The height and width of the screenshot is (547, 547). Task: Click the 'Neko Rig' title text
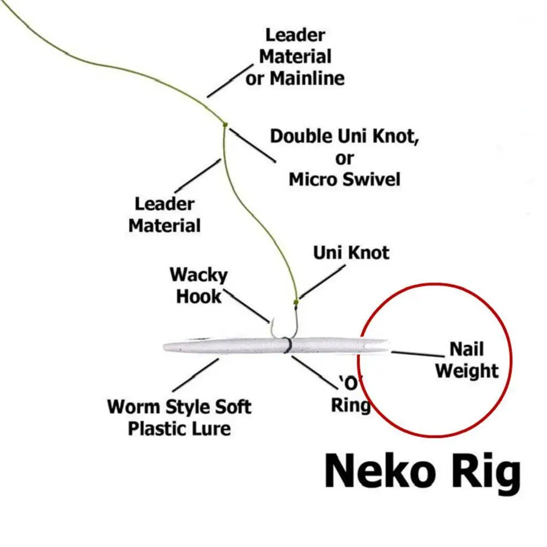[x=422, y=472]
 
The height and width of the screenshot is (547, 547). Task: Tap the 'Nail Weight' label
[x=467, y=360]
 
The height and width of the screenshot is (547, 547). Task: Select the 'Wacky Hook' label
[x=198, y=285]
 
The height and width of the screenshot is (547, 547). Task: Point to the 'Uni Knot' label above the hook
[x=351, y=252]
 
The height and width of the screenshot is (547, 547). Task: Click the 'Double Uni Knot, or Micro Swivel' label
[x=345, y=157]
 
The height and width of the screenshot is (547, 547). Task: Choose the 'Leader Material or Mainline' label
[x=295, y=57]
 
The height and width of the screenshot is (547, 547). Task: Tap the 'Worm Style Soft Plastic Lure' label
[x=179, y=417]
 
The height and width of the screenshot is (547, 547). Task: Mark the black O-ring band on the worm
[x=286, y=346]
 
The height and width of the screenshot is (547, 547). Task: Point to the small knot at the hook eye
[x=296, y=301]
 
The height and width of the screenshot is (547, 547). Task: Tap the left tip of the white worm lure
[x=166, y=347]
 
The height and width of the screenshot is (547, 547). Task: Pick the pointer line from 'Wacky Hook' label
[x=246, y=306]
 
